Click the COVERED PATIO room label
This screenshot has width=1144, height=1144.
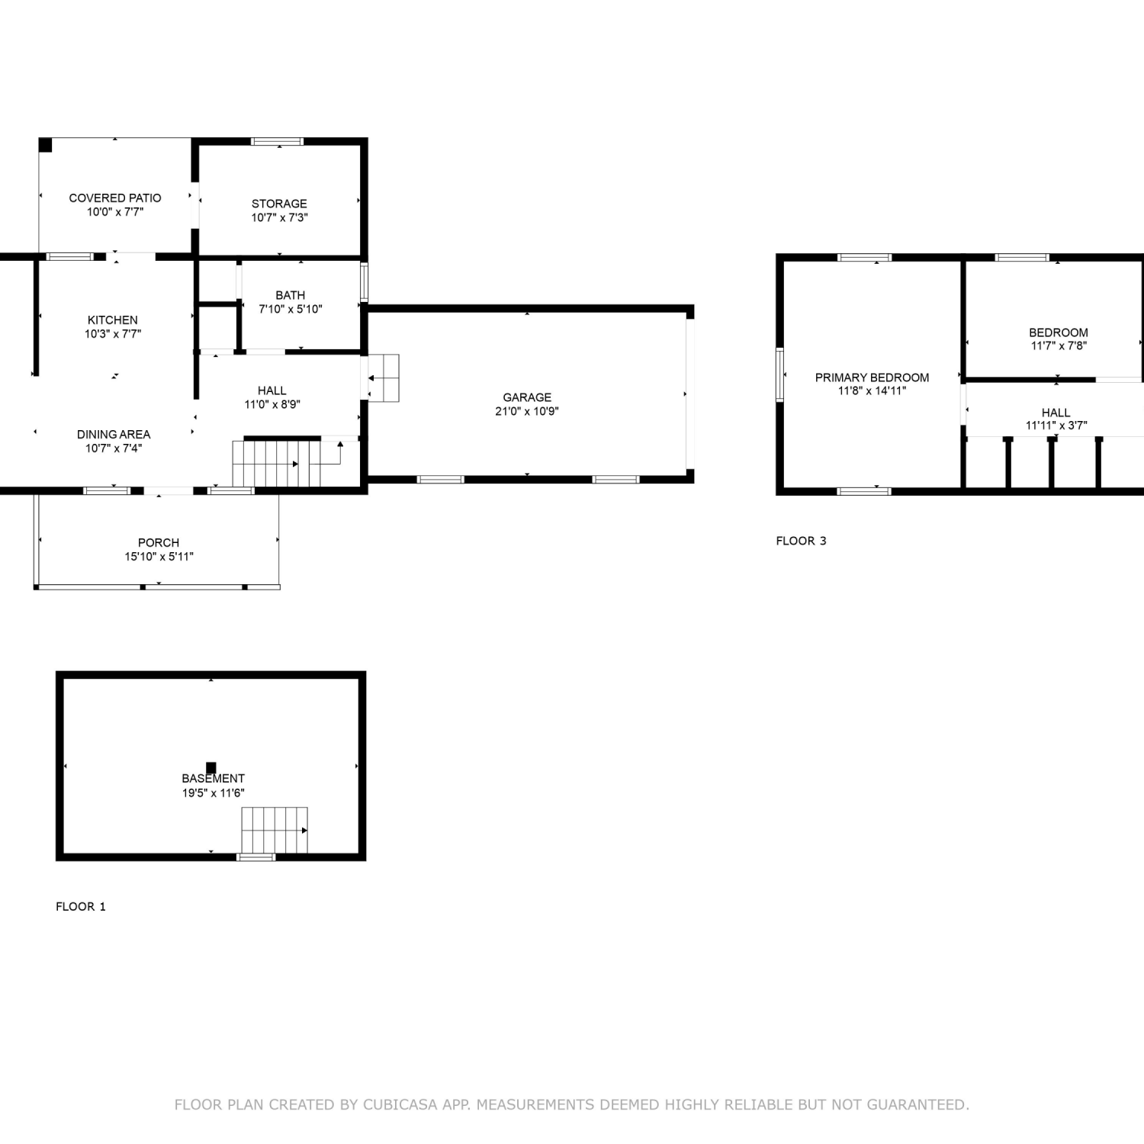(115, 198)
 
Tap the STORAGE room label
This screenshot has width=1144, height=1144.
(279, 204)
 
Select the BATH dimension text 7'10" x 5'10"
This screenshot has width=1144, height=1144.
(291, 309)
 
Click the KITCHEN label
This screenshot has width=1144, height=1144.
(113, 320)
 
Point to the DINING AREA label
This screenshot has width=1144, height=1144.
(114, 435)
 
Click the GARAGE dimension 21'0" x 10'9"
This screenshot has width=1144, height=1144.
(527, 411)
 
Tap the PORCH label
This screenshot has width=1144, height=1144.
(159, 543)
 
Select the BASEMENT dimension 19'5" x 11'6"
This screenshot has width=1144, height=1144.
(214, 793)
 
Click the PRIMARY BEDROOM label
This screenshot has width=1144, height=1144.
(872, 378)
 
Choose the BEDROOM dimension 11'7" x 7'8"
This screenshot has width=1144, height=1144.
(1059, 345)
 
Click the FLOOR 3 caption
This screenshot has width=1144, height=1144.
(801, 541)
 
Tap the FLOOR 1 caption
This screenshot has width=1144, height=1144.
(81, 906)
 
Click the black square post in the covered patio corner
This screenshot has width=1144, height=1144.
(46, 145)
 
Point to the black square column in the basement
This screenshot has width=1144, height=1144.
(211, 768)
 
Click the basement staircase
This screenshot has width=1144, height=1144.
(275, 831)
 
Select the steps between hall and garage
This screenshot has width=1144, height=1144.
(384, 378)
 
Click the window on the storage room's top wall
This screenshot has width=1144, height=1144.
(278, 141)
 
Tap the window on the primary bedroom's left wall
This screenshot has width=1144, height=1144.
(780, 374)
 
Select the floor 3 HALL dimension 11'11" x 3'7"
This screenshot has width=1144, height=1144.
(1056, 426)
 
